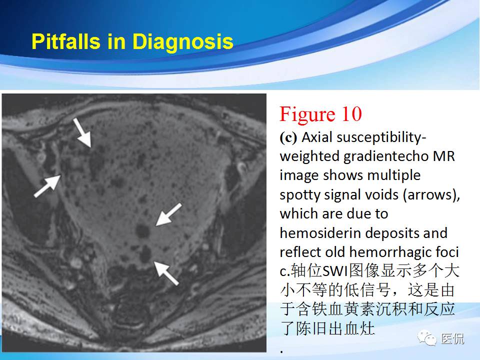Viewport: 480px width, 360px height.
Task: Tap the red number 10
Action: coord(350,114)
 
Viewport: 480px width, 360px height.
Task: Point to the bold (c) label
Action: coord(288,137)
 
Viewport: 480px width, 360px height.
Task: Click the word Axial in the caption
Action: coord(317,137)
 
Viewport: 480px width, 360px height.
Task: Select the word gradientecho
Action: coord(385,156)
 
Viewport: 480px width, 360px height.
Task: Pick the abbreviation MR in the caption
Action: coord(444,156)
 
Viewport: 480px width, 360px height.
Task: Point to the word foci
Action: coord(447,252)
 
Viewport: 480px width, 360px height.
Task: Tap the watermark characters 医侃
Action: coord(452,339)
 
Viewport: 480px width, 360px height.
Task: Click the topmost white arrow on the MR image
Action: coord(82,132)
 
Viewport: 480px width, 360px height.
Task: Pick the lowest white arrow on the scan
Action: coord(166,272)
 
